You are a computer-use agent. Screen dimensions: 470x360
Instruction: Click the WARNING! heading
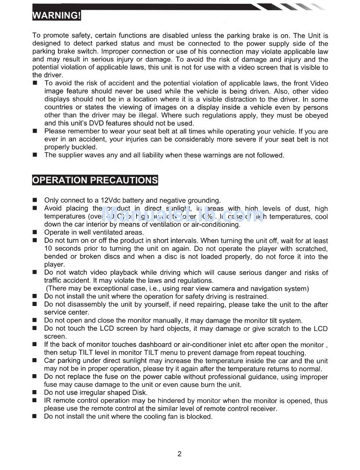tap(57, 16)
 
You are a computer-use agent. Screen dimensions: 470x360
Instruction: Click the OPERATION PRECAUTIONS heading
tap(95, 180)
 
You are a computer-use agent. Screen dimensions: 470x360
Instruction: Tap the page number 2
tap(179, 454)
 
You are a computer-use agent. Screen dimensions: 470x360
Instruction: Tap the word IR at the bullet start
tap(48, 401)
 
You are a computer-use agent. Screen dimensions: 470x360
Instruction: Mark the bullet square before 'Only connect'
tap(35, 200)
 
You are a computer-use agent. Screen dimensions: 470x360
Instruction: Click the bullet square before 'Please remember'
tap(35, 131)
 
